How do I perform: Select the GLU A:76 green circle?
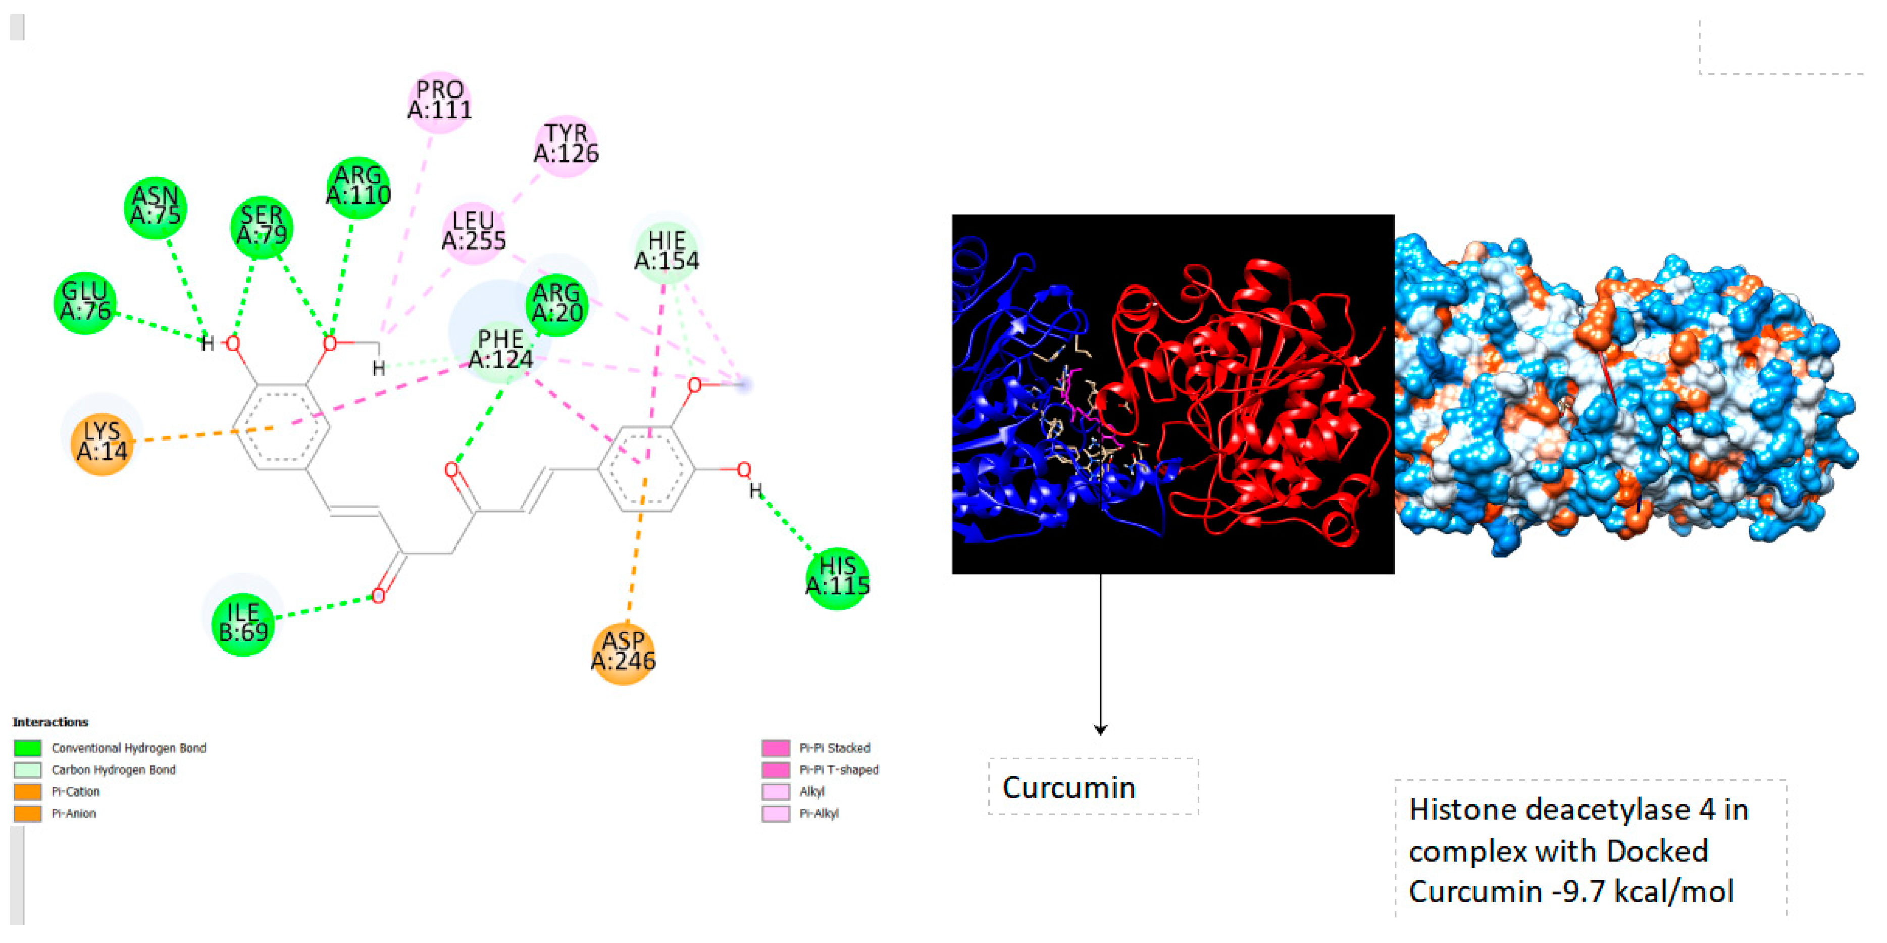pyautogui.click(x=85, y=302)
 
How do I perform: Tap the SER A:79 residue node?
pyautogui.click(x=262, y=226)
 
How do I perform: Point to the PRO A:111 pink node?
pyautogui.click(x=439, y=101)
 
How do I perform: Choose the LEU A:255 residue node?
pyautogui.click(x=474, y=231)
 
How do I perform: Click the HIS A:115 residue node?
pyautogui.click(x=837, y=577)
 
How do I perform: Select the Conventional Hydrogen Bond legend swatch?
pyautogui.click(x=28, y=748)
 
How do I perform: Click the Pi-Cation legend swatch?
pyautogui.click(x=28, y=792)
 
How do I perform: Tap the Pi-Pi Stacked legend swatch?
pyautogui.click(x=776, y=748)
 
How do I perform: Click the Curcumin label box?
pyautogui.click(x=1093, y=787)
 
